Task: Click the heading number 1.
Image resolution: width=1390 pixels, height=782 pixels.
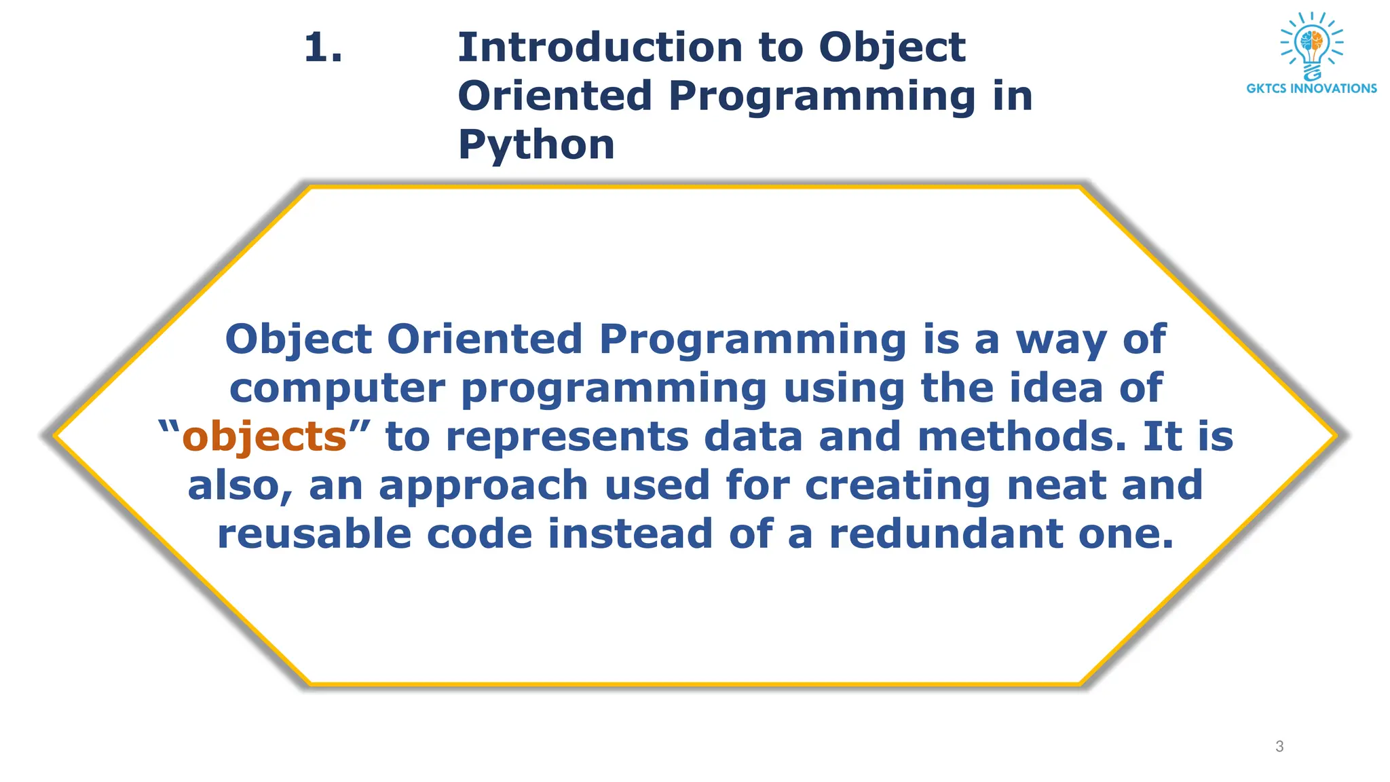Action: pos(322,48)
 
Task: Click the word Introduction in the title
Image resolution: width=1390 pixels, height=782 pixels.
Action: pos(600,48)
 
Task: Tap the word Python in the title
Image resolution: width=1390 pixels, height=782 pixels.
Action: pos(536,145)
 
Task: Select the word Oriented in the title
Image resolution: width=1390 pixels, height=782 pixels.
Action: pos(555,96)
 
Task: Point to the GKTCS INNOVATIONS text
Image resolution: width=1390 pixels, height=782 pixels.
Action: pos(1311,88)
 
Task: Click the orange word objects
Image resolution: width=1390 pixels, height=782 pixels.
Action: pos(265,436)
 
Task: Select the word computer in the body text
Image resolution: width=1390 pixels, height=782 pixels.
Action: pos(337,388)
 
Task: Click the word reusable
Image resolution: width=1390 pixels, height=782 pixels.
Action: pos(314,534)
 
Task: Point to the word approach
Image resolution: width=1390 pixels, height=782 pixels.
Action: pos(483,486)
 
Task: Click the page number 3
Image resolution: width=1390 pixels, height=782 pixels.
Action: pos(1279,747)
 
